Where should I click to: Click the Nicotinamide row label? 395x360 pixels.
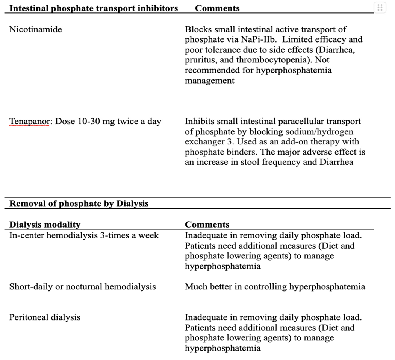(35, 29)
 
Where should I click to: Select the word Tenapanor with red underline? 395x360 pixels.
(28, 122)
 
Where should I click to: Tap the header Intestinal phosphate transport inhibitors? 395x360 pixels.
(93, 8)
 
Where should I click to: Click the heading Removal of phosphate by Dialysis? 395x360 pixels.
(79, 204)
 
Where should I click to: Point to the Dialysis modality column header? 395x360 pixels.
(44, 225)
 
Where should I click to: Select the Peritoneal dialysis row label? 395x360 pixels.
(44, 317)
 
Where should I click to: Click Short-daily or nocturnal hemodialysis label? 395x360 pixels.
(82, 287)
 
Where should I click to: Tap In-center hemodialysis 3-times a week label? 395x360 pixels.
(84, 235)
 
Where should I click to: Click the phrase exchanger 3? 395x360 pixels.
(205, 142)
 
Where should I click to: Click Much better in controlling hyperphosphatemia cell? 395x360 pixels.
(275, 287)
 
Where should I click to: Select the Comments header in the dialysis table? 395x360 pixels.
(207, 225)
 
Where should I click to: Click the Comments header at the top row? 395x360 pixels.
(217, 8)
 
